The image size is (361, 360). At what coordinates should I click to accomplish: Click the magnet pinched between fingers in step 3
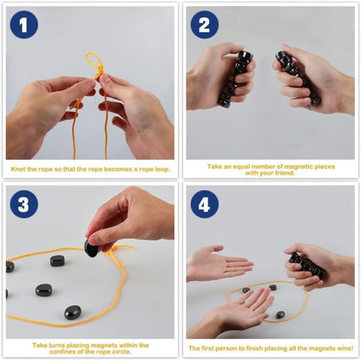pos(91,248)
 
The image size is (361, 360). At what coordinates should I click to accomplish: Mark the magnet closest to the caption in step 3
pos(72,312)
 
